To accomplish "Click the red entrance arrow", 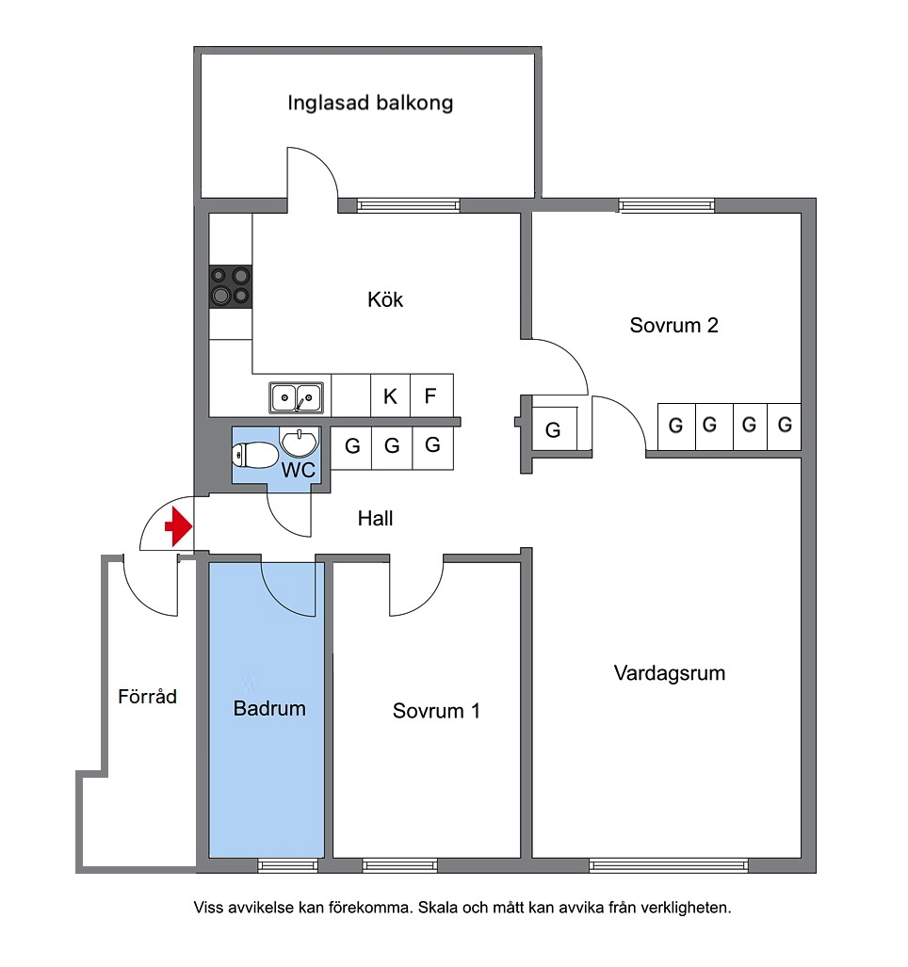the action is point(179,526).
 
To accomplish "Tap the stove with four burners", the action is point(231,286).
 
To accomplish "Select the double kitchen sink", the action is point(296,397).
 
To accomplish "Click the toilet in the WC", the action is point(254,456).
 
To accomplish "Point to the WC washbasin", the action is point(300,442).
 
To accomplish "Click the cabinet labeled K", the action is point(390,395).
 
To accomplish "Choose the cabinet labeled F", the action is point(431,395).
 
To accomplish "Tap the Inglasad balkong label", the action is point(370,103).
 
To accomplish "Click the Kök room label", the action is point(385,299).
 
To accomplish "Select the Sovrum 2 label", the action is point(673,325).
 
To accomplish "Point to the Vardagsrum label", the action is point(670,673).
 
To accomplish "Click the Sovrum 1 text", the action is point(436,711).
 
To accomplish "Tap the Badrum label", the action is point(269,709).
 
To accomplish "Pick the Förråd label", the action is point(148,696).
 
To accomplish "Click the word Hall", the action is point(375,519).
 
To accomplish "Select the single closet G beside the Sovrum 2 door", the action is point(554,428).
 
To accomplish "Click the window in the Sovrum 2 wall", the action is point(667,205).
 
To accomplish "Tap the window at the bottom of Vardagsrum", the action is point(669,865).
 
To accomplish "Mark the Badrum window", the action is point(287,865).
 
